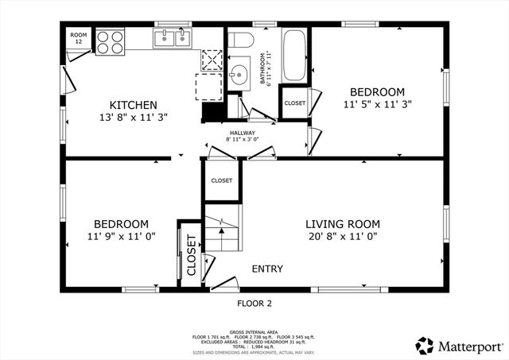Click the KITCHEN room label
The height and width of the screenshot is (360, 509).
[x=133, y=105]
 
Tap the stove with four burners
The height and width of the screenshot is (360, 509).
[x=110, y=41]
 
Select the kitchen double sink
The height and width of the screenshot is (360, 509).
[x=173, y=37]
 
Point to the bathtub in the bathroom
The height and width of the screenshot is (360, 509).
[x=293, y=55]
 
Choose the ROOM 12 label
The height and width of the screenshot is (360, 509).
[x=78, y=38]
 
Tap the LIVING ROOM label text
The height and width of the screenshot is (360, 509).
[x=343, y=223]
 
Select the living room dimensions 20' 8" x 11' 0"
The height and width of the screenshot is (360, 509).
[x=343, y=236]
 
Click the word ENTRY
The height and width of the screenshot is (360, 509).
[x=267, y=269]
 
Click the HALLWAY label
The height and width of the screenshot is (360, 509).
[x=243, y=133]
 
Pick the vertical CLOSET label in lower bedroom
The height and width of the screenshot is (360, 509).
[x=192, y=254]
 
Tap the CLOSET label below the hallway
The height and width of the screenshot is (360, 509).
[x=221, y=180]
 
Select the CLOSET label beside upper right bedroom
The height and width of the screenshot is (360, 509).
[x=294, y=103]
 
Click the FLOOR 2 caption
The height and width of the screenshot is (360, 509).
[x=254, y=304]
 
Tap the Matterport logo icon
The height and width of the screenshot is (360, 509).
[x=425, y=345]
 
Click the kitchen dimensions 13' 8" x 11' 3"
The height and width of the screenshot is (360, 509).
[x=133, y=117]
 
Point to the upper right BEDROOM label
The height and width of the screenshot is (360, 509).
[x=377, y=91]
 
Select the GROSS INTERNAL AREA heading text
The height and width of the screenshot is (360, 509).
[x=254, y=331]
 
